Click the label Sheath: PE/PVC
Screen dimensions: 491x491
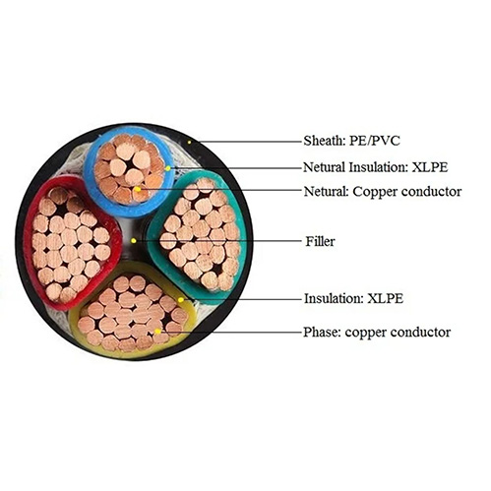pos(351,141)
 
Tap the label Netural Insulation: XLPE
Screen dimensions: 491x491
pos(375,167)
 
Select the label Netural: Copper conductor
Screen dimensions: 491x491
pos(383,191)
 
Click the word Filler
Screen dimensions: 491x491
pos(320,241)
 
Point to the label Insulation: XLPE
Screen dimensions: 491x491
pos(353,298)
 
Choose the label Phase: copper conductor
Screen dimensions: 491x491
pos(377,332)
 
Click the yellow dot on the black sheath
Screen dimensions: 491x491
pos(189,142)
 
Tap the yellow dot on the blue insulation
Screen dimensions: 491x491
pos(168,168)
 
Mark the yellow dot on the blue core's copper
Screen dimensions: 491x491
pos(138,189)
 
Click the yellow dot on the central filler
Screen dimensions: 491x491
pos(133,241)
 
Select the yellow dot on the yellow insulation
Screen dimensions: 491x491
pos(180,300)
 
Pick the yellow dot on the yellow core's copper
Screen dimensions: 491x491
pos(157,332)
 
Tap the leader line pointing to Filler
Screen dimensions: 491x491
pos(217,241)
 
